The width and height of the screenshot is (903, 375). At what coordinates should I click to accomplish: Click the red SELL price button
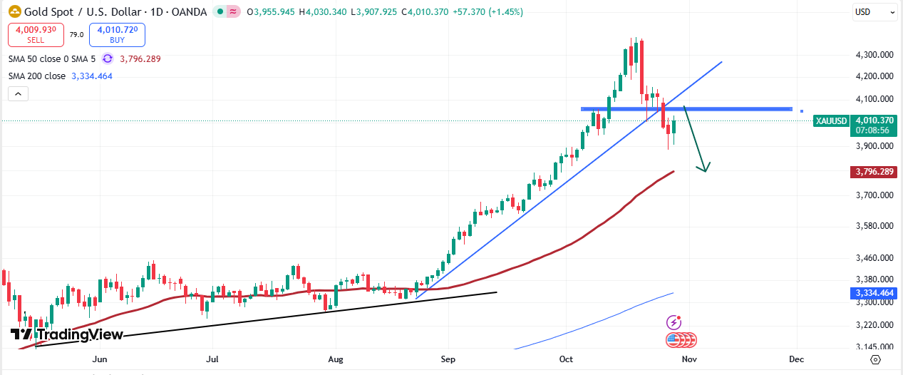point(36,34)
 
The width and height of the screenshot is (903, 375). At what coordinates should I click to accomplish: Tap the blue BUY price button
point(117,34)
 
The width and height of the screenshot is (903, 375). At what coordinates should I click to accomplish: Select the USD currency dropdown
point(874,12)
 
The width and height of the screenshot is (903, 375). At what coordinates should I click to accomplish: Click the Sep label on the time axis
point(448,359)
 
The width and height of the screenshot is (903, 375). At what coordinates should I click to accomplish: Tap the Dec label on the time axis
point(797,359)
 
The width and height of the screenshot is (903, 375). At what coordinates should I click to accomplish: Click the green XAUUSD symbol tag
point(831,121)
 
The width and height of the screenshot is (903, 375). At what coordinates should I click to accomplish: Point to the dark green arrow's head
point(706,169)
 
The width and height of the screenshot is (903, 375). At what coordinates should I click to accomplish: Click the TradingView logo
point(67,334)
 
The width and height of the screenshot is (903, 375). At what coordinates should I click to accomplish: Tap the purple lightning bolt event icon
point(674,323)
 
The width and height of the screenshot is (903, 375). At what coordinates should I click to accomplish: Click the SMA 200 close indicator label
point(37,76)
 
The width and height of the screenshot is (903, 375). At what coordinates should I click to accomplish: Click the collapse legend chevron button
point(18,93)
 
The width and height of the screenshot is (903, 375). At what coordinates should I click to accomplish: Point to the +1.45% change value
point(505,12)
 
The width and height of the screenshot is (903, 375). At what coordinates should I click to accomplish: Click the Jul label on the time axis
point(212,359)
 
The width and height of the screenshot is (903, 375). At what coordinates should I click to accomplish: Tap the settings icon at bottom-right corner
point(875,359)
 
